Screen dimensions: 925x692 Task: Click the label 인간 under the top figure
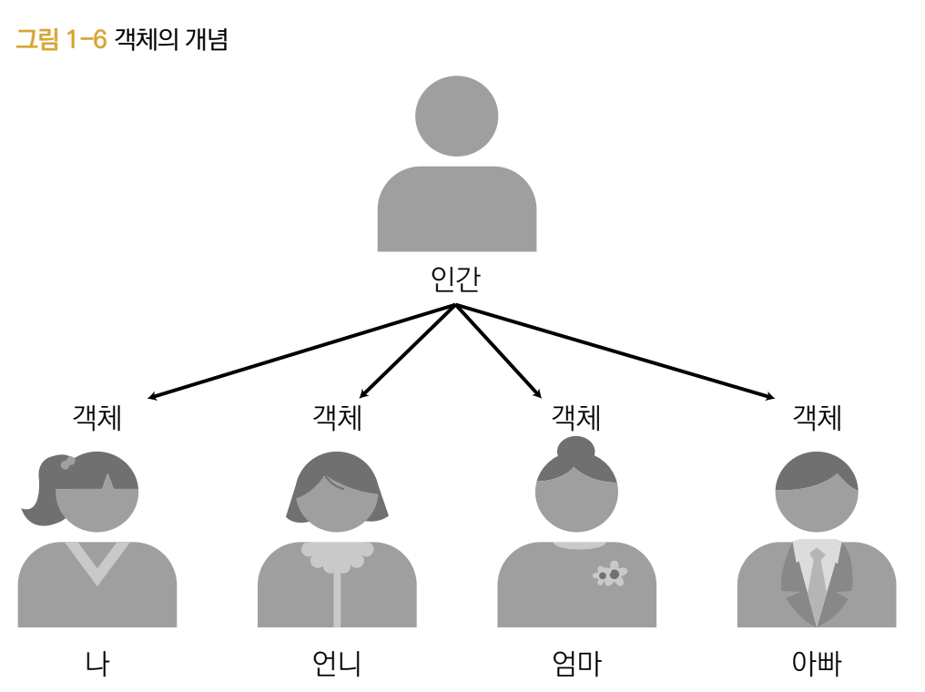coord(455,280)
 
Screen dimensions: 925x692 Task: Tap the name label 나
coord(97,664)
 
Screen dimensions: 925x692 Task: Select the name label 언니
coord(336,664)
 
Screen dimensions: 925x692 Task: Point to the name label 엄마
coord(576,664)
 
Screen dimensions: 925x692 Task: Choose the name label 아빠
coord(817,664)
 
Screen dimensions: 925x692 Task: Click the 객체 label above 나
coord(97,418)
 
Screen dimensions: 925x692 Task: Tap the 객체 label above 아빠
coord(817,418)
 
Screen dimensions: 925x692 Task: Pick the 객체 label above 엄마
coord(576,418)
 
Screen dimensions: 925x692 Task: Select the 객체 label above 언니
coord(337,418)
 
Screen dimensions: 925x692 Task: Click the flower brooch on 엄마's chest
coord(610,575)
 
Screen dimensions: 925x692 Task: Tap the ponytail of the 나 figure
coord(39,496)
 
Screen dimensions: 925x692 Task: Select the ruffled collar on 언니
coord(337,555)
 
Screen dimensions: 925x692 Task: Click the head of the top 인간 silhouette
coord(456,116)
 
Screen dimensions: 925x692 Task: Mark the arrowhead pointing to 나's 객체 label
coord(153,397)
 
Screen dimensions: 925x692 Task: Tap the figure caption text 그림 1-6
coord(61,40)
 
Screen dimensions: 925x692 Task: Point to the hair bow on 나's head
coord(67,463)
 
